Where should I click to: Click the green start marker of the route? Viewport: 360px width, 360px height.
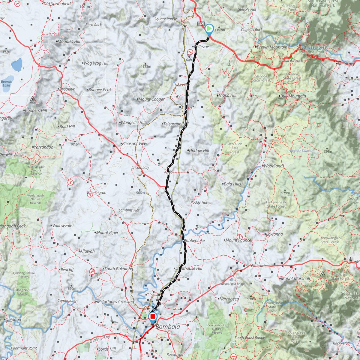[x=209, y=29]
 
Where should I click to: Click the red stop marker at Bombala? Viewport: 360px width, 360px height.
[x=153, y=317]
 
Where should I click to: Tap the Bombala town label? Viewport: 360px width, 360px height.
[x=168, y=327]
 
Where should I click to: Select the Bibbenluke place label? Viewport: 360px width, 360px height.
[x=194, y=241]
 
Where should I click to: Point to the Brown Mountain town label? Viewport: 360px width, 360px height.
[x=271, y=47]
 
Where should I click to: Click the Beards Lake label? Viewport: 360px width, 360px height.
[x=6, y=83]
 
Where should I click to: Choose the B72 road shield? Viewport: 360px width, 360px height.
[x=201, y=23]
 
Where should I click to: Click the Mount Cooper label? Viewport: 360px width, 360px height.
[x=151, y=99]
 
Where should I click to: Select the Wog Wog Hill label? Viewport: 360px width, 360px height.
[x=96, y=63]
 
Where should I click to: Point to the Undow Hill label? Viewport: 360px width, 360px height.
[x=199, y=151]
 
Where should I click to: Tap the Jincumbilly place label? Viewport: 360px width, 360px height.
[x=140, y=167]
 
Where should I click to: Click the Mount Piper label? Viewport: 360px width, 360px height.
[x=107, y=232]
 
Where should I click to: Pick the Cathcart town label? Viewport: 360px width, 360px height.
[x=258, y=266]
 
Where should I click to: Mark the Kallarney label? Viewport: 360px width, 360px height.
[x=346, y=64]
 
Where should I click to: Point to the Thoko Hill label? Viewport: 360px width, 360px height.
[x=227, y=95]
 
